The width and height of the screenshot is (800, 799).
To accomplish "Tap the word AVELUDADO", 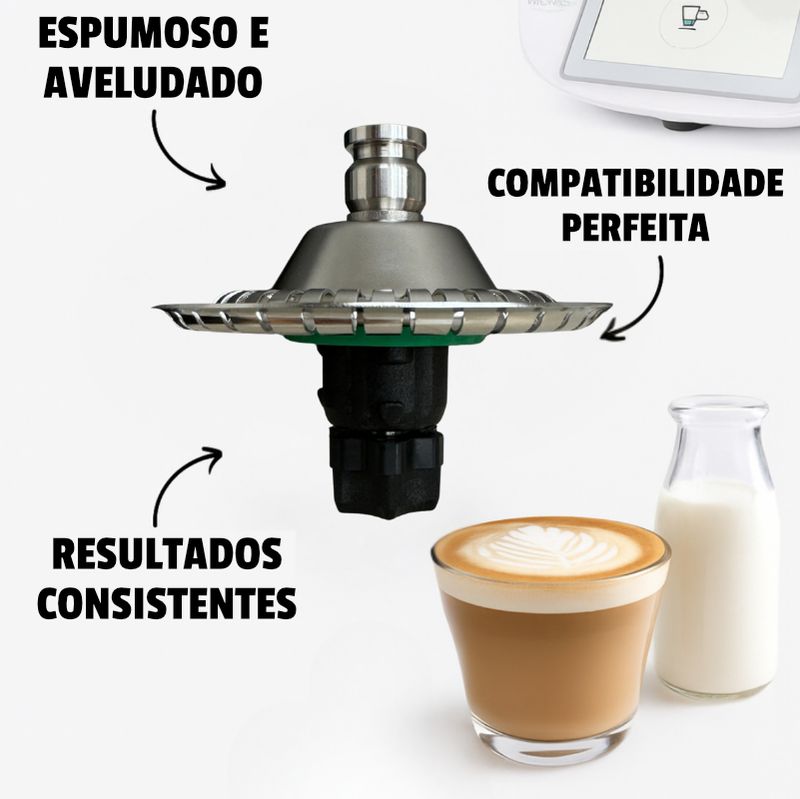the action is [x=153, y=82].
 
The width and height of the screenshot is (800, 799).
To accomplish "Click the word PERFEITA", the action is [x=635, y=227].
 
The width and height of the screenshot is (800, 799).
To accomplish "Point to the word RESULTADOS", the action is [x=167, y=554].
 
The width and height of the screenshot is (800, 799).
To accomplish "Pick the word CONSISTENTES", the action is [x=167, y=603].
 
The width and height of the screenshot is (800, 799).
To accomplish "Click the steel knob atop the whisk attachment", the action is [x=385, y=173].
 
